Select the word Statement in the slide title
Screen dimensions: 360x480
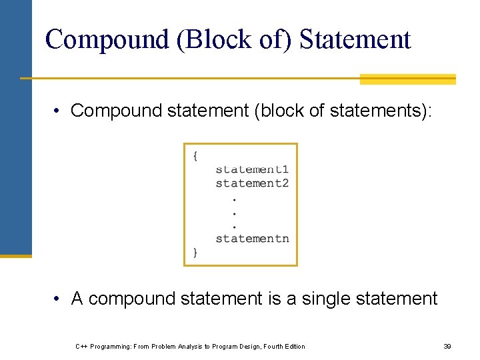pyautogui.click(x=355, y=39)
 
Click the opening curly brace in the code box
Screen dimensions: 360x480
pyautogui.click(x=195, y=156)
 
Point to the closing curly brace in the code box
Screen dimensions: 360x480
pyautogui.click(x=195, y=252)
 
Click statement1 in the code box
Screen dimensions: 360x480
pyautogui.click(x=252, y=169)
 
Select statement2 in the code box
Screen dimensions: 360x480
pyautogui.click(x=252, y=183)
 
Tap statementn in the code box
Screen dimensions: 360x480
pyautogui.click(x=252, y=238)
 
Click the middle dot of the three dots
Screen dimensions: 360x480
pyautogui.click(x=234, y=213)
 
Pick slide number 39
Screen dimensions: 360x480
pyautogui.click(x=447, y=346)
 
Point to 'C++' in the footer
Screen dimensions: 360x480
pyautogui.click(x=81, y=346)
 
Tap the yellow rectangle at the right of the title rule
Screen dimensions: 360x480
pyautogui.click(x=407, y=79)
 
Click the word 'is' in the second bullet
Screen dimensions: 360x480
pyautogui.click(x=274, y=299)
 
